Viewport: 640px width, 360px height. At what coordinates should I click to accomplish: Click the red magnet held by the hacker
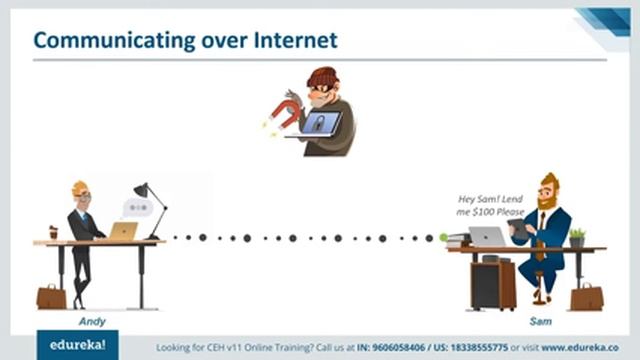(x=283, y=111)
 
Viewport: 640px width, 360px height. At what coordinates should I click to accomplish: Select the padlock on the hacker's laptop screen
(x=319, y=124)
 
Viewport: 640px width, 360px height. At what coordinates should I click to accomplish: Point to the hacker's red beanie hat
(x=323, y=76)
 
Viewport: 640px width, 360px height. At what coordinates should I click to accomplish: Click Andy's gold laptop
(x=123, y=231)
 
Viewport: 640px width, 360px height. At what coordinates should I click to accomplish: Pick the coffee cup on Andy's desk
(x=53, y=232)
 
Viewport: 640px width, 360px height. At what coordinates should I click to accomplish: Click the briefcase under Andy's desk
(x=50, y=296)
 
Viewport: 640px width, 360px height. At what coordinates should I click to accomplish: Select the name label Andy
(x=91, y=322)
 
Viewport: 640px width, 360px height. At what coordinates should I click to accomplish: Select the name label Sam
(x=541, y=322)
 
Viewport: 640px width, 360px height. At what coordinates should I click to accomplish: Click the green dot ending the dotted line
(x=443, y=238)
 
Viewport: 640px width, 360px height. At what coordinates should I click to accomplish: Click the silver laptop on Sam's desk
(x=487, y=236)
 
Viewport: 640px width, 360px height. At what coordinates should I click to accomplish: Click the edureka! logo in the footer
(x=77, y=346)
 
